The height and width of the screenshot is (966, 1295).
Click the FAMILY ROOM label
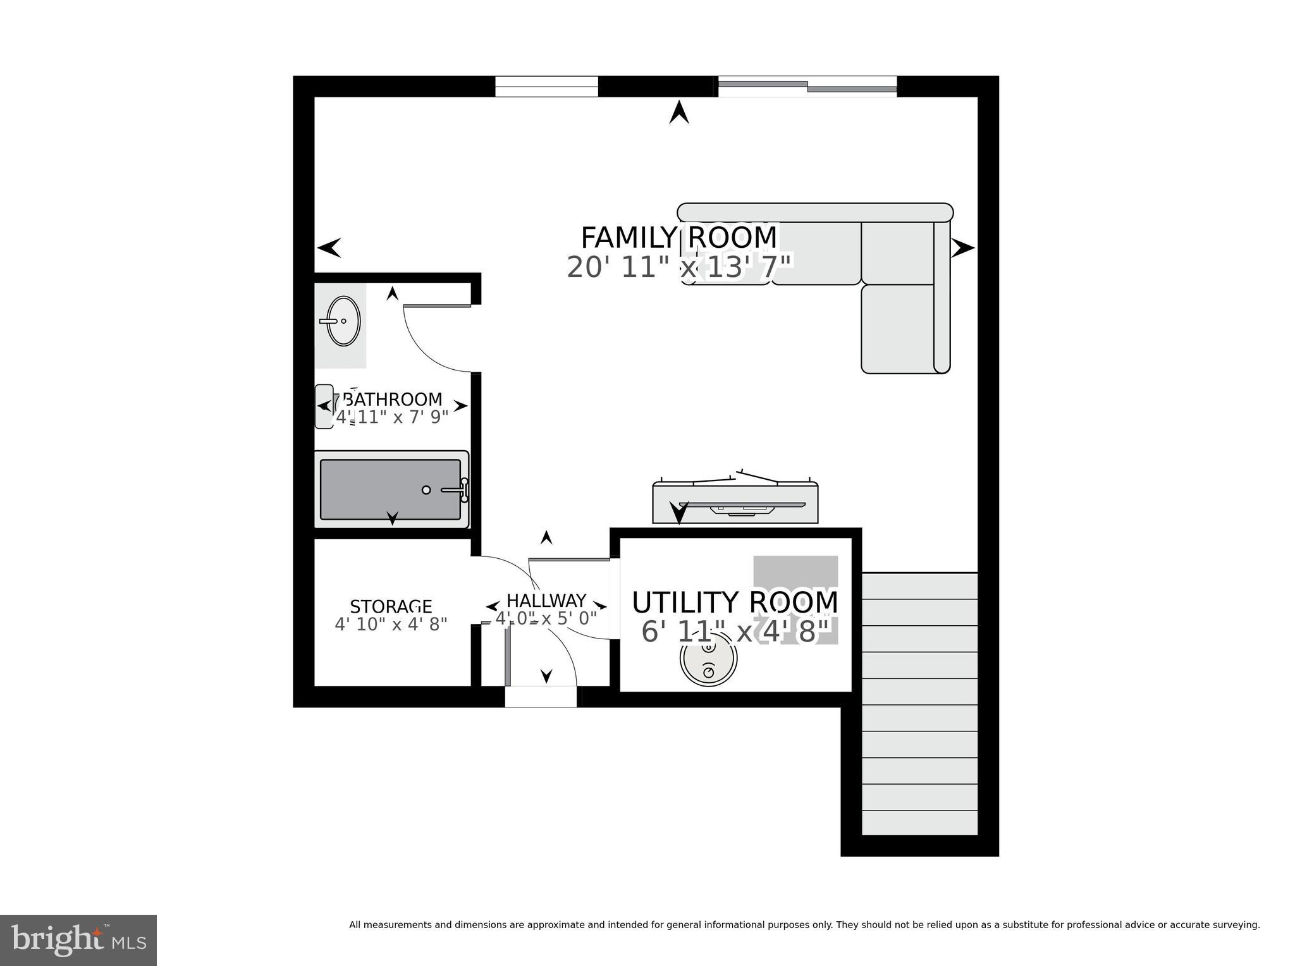point(678,238)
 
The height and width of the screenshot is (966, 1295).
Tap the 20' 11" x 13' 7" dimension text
point(678,267)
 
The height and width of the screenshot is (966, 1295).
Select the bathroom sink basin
point(343,321)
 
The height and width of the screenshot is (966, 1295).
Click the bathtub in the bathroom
point(391,489)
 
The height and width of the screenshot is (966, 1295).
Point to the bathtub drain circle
point(426,490)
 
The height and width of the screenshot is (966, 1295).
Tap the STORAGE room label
point(391,607)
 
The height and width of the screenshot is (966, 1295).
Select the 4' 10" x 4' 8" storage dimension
point(391,624)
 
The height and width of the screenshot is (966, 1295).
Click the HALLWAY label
point(546,600)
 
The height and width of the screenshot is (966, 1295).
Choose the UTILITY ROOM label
point(735,602)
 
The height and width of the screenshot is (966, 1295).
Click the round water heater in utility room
point(708,659)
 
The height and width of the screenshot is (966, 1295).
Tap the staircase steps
point(919,704)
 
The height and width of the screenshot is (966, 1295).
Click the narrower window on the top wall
point(546,87)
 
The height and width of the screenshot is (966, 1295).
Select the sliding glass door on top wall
point(807,87)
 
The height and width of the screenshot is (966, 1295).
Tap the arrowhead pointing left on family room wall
point(329,248)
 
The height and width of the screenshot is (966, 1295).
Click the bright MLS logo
point(78,940)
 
